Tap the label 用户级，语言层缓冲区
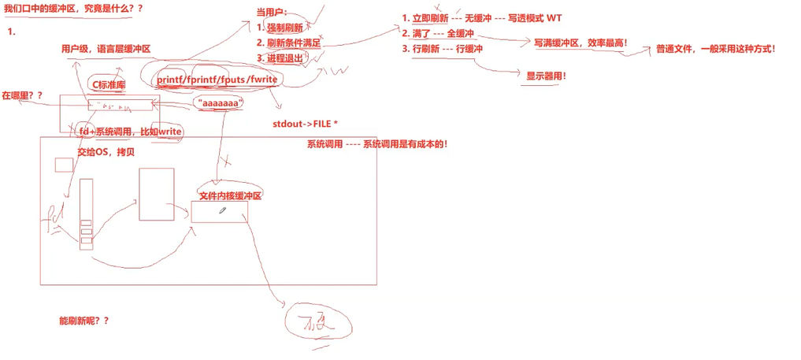click(x=106, y=49)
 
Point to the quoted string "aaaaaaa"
click(x=218, y=104)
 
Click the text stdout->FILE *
click(x=306, y=124)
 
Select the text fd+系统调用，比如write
click(x=131, y=132)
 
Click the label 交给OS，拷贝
click(x=106, y=152)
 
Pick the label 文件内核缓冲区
click(x=230, y=195)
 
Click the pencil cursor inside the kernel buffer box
click(x=223, y=210)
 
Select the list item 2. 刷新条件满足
click(x=289, y=43)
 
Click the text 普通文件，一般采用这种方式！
click(x=715, y=49)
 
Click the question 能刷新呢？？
click(x=83, y=321)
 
